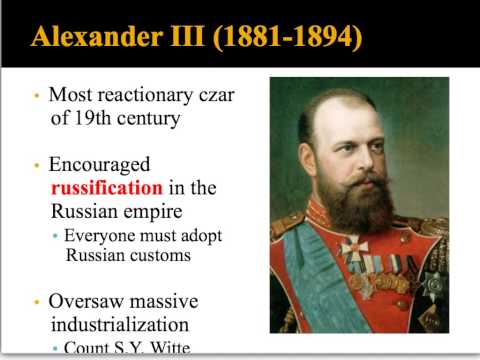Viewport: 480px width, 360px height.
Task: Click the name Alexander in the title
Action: (92, 38)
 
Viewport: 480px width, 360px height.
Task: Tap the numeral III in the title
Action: (177, 38)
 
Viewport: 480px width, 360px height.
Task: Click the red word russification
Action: (106, 188)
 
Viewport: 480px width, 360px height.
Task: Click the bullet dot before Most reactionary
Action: (36, 97)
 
